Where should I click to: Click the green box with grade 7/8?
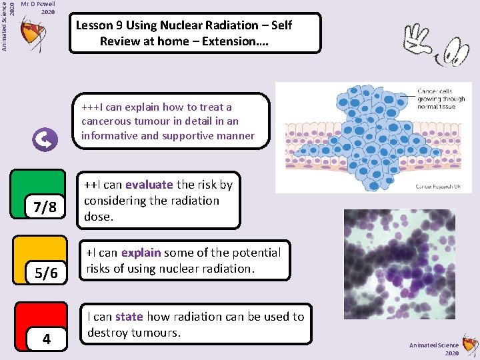point(39,194)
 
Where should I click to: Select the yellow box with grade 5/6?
point(40,259)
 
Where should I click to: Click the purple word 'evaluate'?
point(149,185)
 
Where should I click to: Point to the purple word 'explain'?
point(141,253)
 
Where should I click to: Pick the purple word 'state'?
point(129,317)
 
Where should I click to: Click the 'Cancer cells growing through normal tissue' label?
point(441,98)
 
